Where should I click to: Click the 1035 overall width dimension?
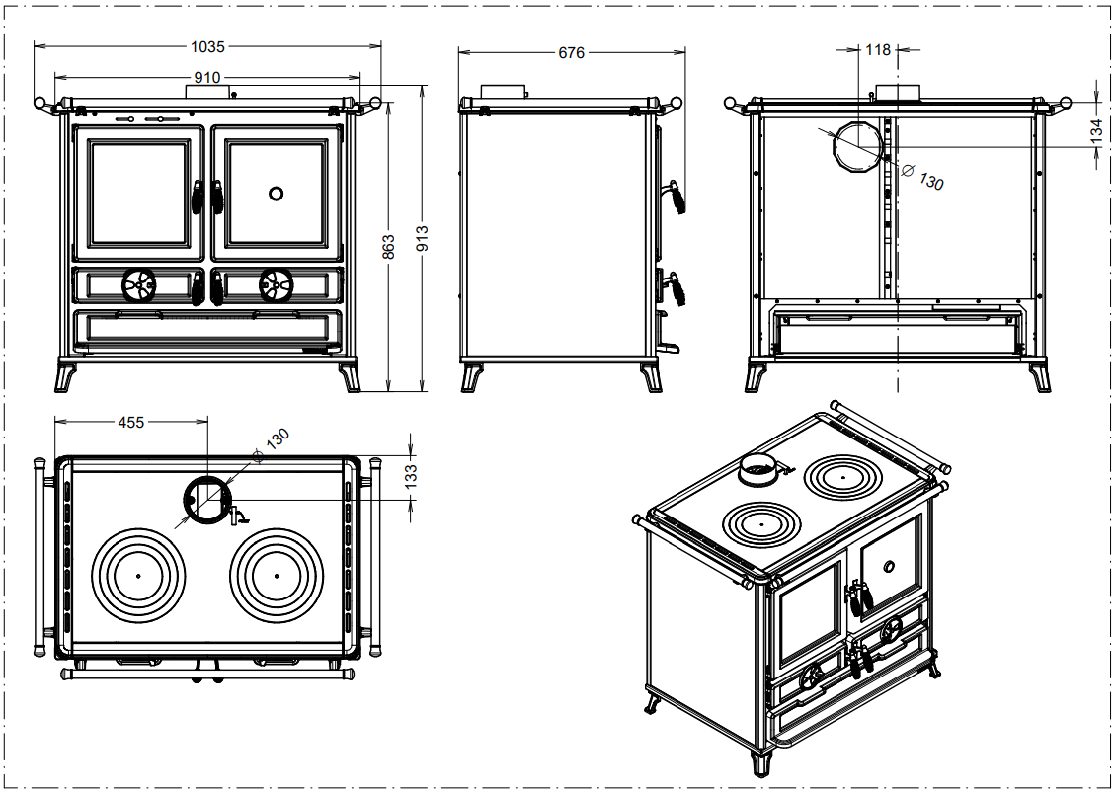(207, 45)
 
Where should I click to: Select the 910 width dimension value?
(207, 76)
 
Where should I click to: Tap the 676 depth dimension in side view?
(571, 52)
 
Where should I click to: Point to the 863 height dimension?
(388, 243)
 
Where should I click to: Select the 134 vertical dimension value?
(1095, 131)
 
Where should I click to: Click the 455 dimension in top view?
(131, 422)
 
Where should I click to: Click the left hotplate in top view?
(139, 575)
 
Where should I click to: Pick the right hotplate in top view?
(277, 575)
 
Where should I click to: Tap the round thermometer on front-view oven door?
(278, 193)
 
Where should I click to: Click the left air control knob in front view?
(139, 285)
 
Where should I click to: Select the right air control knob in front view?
(276, 285)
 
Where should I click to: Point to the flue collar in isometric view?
(760, 470)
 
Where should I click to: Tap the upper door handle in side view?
(677, 197)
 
